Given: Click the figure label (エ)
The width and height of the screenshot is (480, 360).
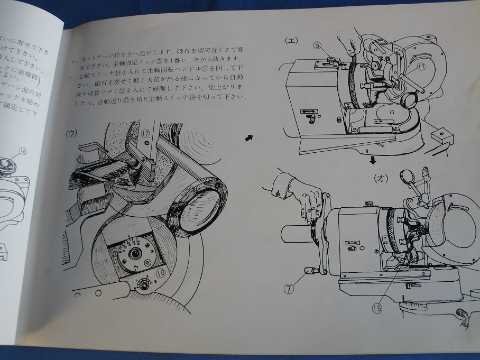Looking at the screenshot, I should pos(291,40).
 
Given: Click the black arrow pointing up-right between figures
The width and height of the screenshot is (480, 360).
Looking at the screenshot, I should pos(248,137).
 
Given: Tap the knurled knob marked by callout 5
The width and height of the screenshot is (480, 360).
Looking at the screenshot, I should pos(332,59).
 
